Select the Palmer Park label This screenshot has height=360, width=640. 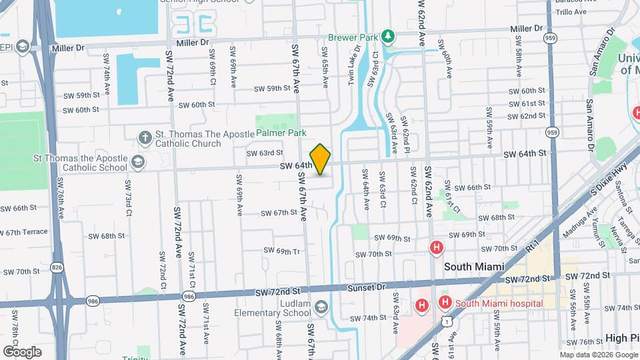tap(281, 133)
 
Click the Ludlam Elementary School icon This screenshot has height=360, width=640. tap(322, 307)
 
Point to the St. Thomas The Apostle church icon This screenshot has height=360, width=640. tap(145, 138)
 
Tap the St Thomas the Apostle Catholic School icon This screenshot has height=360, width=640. tap(137, 162)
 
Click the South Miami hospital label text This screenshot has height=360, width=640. tap(499, 303)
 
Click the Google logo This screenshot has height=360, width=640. tap(22, 351)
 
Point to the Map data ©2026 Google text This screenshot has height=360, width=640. tap(598, 355)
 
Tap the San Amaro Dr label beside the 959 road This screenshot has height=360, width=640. tap(589, 125)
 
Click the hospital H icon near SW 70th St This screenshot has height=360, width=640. tap(437, 248)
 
